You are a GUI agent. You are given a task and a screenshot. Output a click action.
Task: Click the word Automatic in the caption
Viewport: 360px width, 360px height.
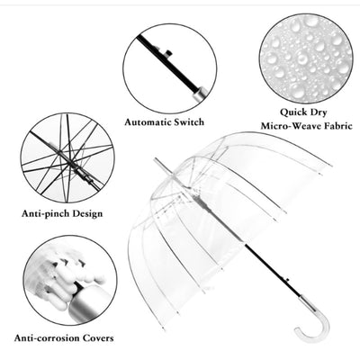coord(150,121)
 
